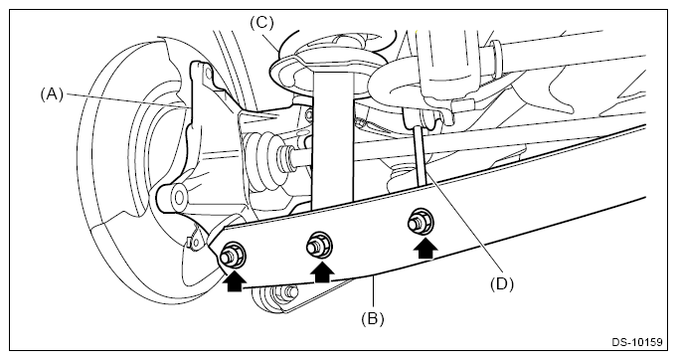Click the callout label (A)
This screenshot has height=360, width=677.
(x=52, y=94)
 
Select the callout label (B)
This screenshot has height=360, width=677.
(x=373, y=319)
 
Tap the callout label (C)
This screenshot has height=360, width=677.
(x=261, y=23)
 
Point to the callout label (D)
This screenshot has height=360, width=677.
(x=502, y=284)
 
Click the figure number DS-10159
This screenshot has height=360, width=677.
(x=637, y=342)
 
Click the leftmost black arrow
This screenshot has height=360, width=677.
(x=235, y=280)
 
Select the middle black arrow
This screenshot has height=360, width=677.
(x=322, y=271)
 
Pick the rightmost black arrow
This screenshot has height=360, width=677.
(x=425, y=249)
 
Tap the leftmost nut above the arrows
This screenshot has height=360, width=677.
(x=233, y=255)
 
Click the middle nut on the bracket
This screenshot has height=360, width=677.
(x=319, y=246)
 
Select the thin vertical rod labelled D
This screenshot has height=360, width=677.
(x=421, y=156)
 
